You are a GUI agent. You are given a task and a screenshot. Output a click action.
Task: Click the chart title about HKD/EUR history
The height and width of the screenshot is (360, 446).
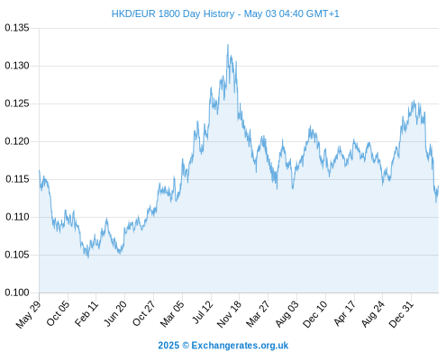coord(225,13)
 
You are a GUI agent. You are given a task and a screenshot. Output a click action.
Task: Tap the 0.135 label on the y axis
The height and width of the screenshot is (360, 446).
coord(17,28)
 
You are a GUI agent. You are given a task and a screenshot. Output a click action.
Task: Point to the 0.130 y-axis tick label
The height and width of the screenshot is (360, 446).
coord(17,66)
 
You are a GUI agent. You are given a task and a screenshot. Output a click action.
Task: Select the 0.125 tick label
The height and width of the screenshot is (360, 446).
coord(17,103)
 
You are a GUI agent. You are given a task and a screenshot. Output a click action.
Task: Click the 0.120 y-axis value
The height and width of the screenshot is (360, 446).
coord(17,141)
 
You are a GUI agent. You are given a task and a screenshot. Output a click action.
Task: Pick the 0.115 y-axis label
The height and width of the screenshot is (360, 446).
coord(17,179)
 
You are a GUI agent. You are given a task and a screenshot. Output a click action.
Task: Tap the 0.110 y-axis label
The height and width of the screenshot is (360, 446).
coord(17,217)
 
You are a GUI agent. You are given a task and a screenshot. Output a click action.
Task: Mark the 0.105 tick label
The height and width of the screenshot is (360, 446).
coord(17,255)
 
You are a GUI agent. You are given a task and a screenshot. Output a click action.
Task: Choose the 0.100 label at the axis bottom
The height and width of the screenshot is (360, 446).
coord(17,292)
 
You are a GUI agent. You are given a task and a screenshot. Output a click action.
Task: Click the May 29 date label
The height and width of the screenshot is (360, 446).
coord(28,314)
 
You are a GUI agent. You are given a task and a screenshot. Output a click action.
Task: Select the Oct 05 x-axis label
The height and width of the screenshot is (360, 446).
coord(58,313)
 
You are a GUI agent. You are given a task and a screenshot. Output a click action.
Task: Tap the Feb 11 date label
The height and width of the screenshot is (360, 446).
coord(86,313)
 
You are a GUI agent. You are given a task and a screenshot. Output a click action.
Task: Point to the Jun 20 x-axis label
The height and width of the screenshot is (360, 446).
coord(115,313)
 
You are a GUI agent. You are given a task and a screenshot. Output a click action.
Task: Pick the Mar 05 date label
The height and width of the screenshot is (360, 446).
coord(172,314)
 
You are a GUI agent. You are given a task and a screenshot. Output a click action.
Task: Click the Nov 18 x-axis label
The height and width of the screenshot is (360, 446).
coord(229,314)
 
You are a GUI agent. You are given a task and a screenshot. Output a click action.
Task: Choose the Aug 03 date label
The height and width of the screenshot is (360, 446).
coord(287,314)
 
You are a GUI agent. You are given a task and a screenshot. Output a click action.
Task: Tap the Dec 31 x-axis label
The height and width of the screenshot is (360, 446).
coord(402,314)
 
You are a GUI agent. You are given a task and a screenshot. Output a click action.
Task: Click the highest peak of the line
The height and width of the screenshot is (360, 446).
coord(228,45)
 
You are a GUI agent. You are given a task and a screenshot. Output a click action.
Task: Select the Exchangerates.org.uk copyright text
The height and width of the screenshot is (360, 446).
coord(223,346)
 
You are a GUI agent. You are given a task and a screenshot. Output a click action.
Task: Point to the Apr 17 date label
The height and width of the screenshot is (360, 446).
coord(345,313)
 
